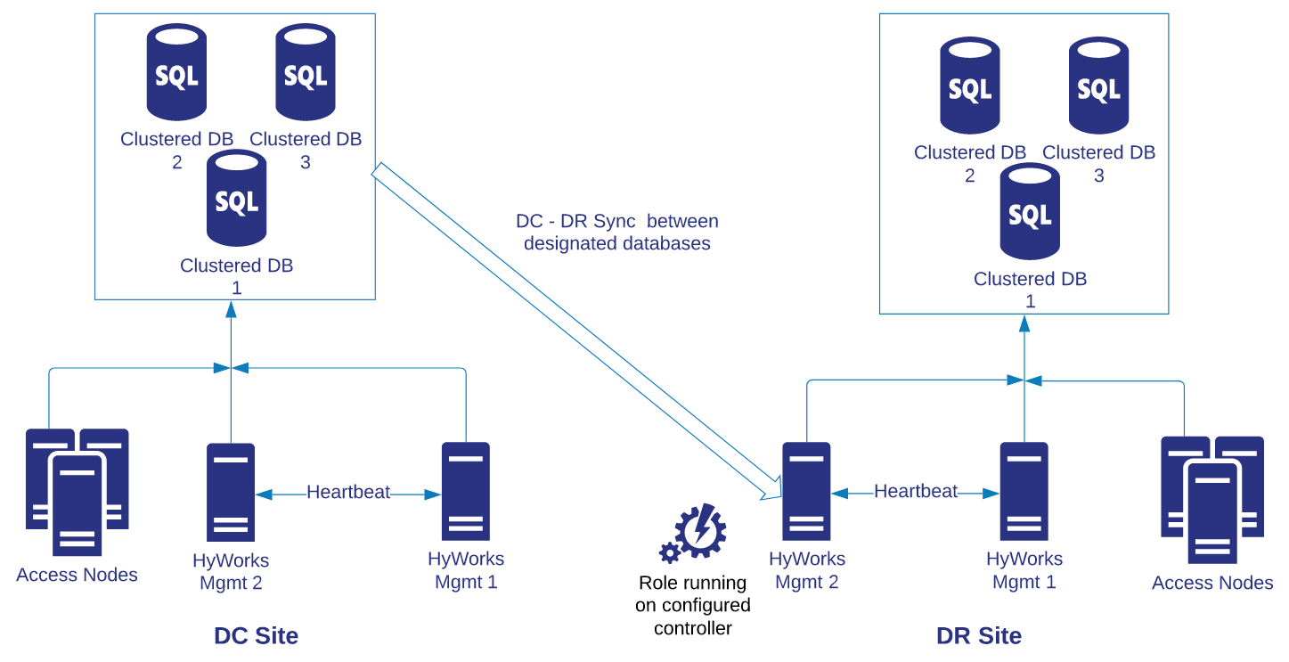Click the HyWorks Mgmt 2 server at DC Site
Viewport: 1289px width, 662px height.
tap(231, 492)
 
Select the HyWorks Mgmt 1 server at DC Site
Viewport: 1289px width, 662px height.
tap(466, 491)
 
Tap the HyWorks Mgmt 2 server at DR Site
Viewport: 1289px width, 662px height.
tap(806, 491)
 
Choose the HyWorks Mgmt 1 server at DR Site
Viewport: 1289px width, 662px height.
tap(1024, 491)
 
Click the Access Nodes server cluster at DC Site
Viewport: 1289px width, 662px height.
tap(77, 491)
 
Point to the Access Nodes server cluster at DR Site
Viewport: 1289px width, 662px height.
tap(1212, 499)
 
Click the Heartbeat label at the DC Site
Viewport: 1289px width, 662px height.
tap(348, 492)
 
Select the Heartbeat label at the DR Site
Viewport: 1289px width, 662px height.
tap(916, 491)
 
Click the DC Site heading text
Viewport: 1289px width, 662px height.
tap(256, 636)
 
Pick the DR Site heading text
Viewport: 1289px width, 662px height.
tap(979, 636)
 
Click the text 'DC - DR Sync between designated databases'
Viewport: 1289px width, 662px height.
tap(617, 232)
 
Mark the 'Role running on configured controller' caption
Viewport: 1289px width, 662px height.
tap(693, 606)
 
